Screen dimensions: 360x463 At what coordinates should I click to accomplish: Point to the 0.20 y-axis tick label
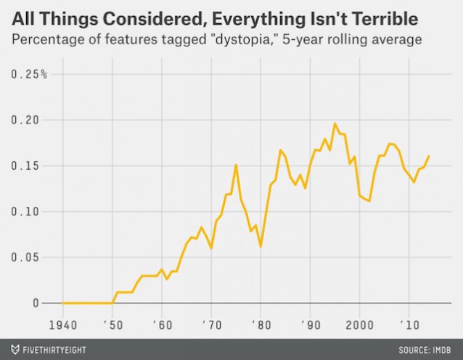28,120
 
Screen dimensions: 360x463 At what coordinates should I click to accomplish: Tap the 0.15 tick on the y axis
28,165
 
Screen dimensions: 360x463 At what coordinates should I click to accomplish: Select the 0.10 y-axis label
28,211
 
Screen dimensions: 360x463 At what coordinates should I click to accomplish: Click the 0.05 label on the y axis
28,257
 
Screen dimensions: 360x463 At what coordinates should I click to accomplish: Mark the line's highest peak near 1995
335,123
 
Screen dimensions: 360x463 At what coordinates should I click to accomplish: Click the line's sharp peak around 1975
236,165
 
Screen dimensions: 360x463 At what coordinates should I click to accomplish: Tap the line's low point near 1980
261,247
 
